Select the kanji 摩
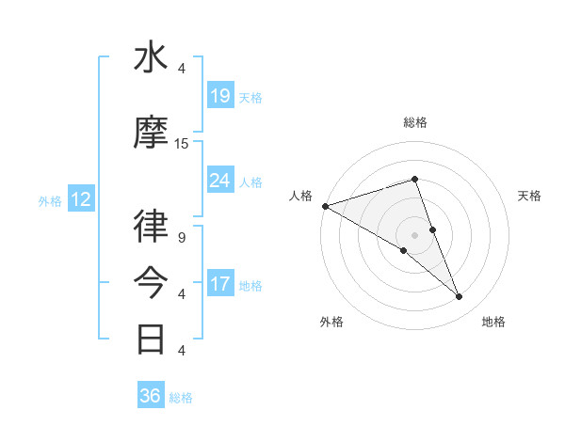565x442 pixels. point(152,133)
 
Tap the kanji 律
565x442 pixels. point(152,227)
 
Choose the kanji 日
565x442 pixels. point(152,337)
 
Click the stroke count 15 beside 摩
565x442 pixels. point(182,144)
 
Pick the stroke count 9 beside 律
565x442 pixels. point(181,237)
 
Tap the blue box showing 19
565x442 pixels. point(220,96)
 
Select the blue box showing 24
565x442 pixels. point(220,181)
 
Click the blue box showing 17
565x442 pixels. point(220,284)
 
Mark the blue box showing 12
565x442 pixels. point(80,199)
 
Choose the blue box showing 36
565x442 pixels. point(151,396)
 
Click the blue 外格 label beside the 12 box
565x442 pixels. point(49,200)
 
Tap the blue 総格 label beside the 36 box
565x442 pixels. point(181,398)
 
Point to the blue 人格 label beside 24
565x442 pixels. point(250,182)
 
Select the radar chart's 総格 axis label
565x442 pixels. point(415,122)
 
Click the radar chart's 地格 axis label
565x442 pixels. point(493,322)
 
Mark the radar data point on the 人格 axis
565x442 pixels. point(325,205)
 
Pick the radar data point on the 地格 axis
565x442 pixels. point(460,296)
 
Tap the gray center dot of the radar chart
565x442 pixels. point(414,234)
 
